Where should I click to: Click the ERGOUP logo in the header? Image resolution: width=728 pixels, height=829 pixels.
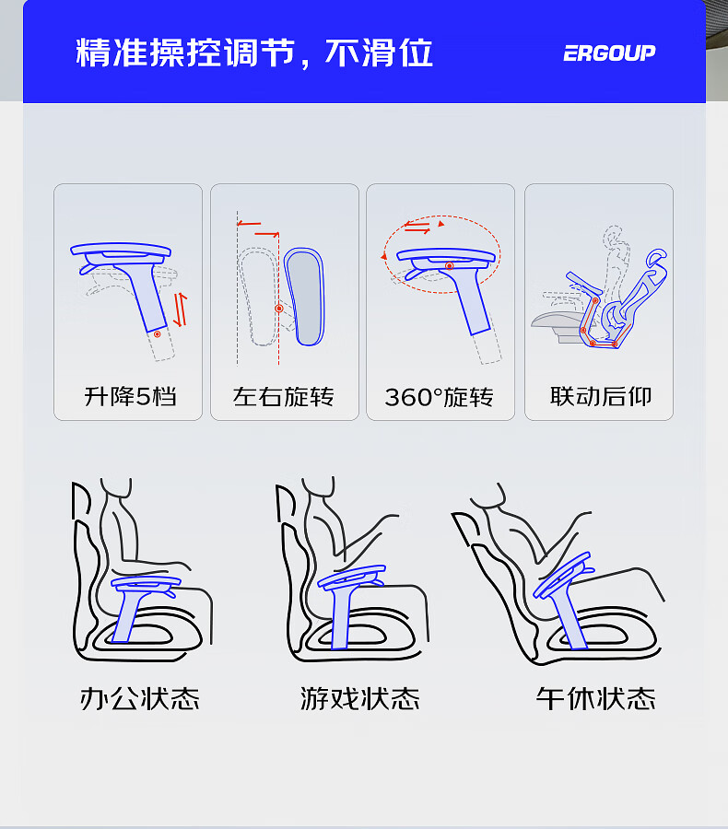pos(609,53)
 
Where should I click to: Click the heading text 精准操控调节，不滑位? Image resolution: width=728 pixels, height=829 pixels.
pos(254,53)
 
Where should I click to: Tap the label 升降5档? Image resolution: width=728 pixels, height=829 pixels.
pos(130,396)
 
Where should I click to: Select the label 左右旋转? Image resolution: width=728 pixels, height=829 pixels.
pos(284,396)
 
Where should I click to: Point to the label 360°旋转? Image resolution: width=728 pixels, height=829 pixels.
pos(440,397)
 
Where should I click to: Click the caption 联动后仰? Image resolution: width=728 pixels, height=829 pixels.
pos(601,396)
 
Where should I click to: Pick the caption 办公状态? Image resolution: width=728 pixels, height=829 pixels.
pos(140,698)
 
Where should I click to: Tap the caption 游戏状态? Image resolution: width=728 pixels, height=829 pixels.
pos(359,698)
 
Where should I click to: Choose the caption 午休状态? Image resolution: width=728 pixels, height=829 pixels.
pos(595,698)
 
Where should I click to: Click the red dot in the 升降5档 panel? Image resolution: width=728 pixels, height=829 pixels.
pos(158,334)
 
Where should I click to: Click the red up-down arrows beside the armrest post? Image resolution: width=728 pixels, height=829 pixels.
pos(181,309)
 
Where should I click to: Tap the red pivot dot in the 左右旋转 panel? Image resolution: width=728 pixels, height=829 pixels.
pos(279,309)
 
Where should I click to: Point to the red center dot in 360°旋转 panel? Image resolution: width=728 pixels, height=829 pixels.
pos(449,266)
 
